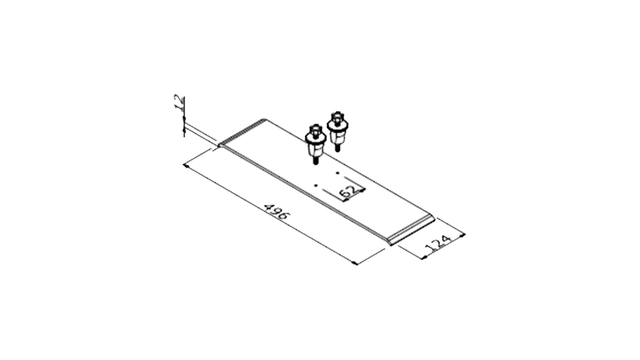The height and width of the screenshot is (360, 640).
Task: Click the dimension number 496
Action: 276,211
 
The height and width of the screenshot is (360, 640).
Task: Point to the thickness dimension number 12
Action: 179,103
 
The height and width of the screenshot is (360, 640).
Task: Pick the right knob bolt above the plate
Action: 338,131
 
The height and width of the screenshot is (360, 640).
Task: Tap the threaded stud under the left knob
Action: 315,161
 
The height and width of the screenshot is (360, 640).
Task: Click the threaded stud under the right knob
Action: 338,148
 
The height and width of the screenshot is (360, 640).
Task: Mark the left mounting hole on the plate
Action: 316,186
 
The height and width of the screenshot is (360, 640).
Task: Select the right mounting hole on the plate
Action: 338,173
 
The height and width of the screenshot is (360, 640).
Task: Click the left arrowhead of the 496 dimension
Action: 186,166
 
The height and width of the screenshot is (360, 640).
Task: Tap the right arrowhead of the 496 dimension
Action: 354,263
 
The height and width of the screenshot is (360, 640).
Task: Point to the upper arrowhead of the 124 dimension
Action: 462,235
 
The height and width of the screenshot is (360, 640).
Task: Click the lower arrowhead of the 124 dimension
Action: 425,257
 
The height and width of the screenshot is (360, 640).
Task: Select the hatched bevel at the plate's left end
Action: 242,133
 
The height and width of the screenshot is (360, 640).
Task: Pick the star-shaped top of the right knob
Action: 338,116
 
